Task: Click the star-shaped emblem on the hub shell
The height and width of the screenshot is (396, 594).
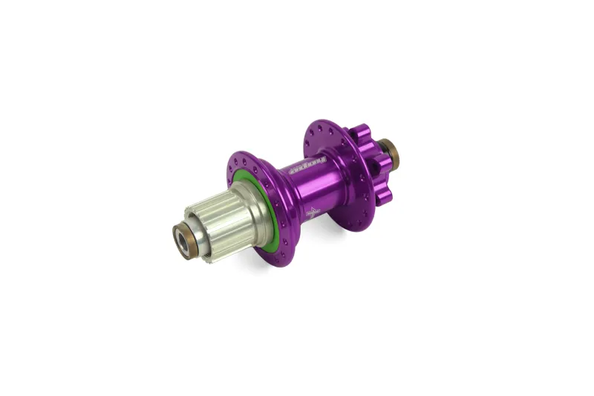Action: coord(313,211)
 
